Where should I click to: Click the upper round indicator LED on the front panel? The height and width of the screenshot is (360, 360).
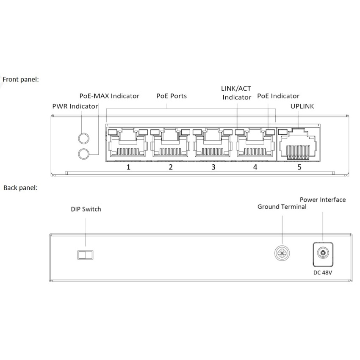click(84, 138)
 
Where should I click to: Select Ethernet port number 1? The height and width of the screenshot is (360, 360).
click(128, 144)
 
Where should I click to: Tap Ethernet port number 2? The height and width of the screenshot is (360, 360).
click(171, 144)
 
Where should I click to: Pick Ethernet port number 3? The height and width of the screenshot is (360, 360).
click(213, 144)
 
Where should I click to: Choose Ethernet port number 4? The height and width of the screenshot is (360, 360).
click(255, 144)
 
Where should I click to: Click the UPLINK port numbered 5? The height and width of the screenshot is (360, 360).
click(299, 145)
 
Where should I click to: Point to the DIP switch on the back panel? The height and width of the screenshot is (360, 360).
click(85, 255)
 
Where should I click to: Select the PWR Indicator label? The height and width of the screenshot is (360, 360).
click(75, 106)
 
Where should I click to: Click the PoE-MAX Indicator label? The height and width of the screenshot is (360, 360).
click(109, 96)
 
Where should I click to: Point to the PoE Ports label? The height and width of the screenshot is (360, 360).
click(172, 96)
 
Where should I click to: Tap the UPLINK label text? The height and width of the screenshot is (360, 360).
click(302, 106)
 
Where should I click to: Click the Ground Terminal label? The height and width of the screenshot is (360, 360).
click(282, 207)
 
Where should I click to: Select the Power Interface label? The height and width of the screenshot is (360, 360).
click(323, 199)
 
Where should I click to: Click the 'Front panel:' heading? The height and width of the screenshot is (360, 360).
click(21, 79)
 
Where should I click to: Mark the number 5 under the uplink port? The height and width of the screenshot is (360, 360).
click(299, 167)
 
